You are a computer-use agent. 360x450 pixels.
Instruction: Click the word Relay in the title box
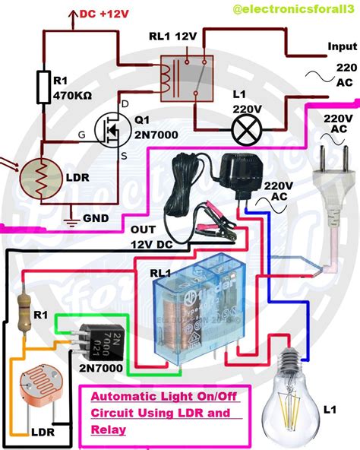(106, 431)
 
